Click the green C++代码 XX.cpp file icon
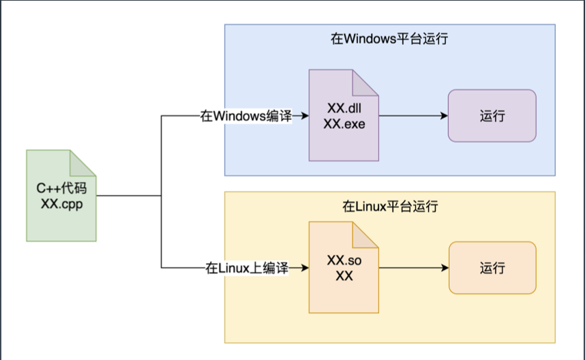point(61,196)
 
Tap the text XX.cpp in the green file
point(61,204)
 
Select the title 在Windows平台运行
point(389,39)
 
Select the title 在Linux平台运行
point(390,207)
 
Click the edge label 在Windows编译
point(246,116)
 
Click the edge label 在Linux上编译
point(247,268)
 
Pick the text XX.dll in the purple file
point(344,108)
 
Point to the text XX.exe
point(344,124)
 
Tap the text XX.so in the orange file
point(344,260)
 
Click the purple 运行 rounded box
point(492,116)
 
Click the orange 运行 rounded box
point(492,268)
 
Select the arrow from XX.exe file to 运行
point(413,116)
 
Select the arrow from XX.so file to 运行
point(414,268)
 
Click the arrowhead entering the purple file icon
point(305,116)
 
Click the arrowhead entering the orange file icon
point(305,268)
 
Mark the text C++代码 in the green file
point(61,188)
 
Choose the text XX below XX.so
point(344,276)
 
